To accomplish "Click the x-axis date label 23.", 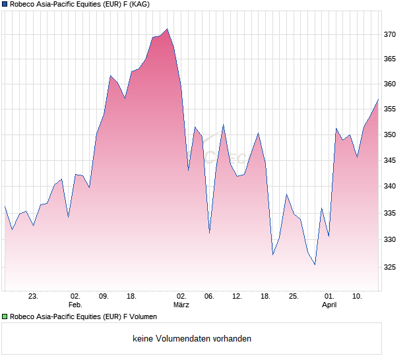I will tap(33, 297).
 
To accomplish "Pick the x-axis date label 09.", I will tap(104, 297).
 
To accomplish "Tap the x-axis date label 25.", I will tap(294, 297).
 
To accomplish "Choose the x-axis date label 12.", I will tap(237, 297).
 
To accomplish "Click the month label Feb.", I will tap(75, 305).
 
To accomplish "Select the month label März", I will tap(181, 305).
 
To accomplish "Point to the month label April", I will tap(329, 305).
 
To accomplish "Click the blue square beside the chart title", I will tap(5, 5).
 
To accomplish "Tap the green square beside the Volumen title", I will tap(5, 316).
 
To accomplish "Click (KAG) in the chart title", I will tap(139, 5).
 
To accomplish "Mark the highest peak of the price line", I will tap(168, 28).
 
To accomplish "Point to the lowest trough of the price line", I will tap(315, 264).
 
